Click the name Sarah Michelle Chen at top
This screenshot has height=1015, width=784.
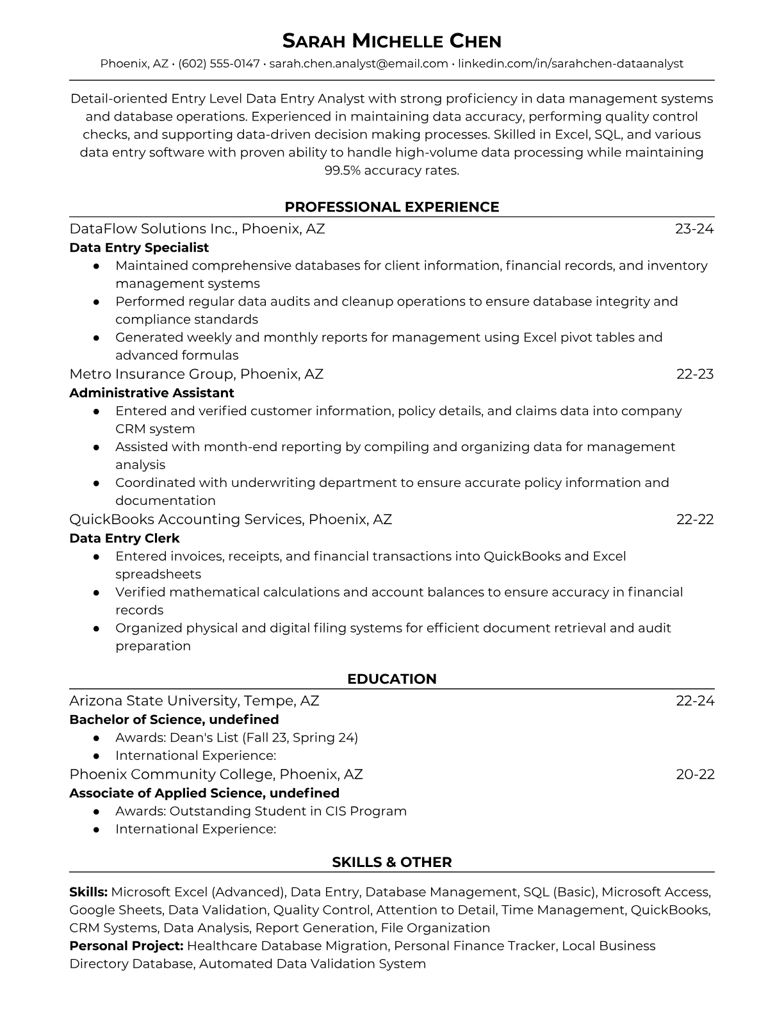tap(391, 42)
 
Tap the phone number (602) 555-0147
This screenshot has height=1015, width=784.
tap(219, 63)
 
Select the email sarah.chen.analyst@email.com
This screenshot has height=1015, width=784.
tap(359, 63)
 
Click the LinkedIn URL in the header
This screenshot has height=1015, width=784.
tap(571, 63)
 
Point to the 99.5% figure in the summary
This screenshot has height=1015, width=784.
tap(344, 170)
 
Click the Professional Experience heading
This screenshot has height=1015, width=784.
tap(391, 207)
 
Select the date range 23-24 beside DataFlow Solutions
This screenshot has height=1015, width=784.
tap(694, 229)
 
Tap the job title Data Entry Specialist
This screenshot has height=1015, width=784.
tap(139, 247)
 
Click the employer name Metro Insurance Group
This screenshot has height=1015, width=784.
tap(152, 374)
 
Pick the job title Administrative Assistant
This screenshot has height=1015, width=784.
tap(152, 393)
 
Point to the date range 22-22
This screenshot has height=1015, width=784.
tap(695, 520)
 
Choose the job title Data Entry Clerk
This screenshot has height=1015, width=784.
tap(124, 538)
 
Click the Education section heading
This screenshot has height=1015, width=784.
tap(391, 679)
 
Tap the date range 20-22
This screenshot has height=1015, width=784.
tap(695, 774)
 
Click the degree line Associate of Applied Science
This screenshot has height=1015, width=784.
tap(204, 793)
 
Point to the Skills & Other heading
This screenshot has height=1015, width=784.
tap(391, 862)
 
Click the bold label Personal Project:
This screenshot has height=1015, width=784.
tap(126, 946)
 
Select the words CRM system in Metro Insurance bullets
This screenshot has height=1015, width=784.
tap(155, 429)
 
